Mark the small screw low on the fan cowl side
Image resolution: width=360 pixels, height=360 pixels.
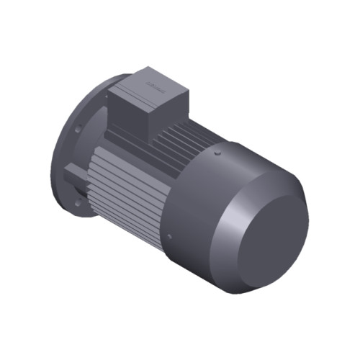(168, 235)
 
